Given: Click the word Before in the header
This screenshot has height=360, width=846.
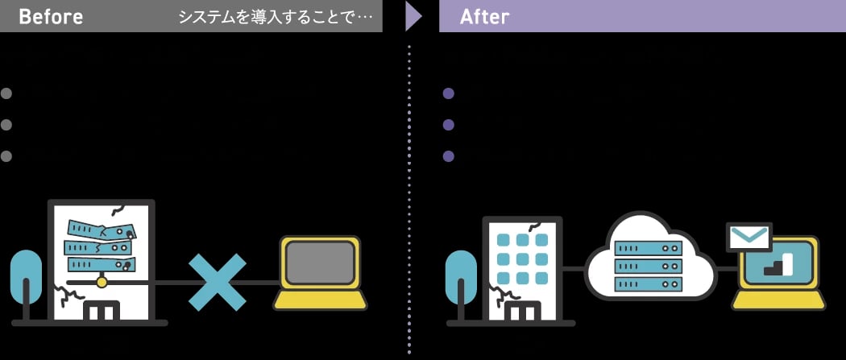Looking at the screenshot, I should [50, 17].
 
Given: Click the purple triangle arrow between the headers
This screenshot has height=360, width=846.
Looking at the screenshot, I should [413, 16].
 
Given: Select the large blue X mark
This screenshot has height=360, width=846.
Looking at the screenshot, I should [217, 282].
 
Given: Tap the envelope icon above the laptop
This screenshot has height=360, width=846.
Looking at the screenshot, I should [749, 238].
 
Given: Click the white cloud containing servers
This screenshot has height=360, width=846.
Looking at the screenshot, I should [649, 258].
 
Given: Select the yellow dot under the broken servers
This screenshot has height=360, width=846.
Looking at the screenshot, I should [102, 282].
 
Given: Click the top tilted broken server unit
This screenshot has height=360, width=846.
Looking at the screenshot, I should [102, 228].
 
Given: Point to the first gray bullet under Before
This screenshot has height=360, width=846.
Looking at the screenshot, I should [6, 93].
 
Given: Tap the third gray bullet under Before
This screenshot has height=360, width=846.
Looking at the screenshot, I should [6, 155].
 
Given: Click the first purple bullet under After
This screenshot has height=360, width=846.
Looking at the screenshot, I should [449, 93].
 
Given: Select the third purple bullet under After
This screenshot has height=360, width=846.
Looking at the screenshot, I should [449, 155].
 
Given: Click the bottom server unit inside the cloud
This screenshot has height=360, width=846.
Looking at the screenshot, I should [649, 283].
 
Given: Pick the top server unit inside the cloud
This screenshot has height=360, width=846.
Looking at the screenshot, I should [649, 248].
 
